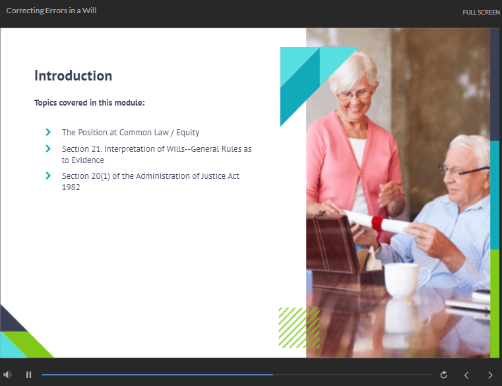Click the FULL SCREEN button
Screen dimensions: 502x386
[481, 12]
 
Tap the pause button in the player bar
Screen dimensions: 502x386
[29, 375]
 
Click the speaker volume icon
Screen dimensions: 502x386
[7, 375]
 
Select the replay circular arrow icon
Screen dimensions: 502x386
[443, 375]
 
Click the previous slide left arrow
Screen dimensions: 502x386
[466, 375]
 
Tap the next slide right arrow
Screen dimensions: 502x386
[490, 375]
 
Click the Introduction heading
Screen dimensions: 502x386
[73, 76]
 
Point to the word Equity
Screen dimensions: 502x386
[187, 133]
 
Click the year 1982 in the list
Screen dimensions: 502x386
[71, 187]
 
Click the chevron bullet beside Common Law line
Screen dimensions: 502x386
[48, 132]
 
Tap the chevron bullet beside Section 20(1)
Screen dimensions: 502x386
[48, 176]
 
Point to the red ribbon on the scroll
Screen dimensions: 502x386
[377, 225]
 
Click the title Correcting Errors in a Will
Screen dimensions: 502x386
[51, 11]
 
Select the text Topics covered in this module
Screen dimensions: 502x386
[89, 103]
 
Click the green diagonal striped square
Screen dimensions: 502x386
[299, 328]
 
